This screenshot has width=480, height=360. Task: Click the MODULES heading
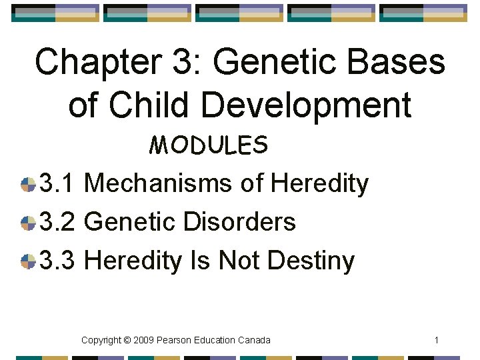[x=209, y=145]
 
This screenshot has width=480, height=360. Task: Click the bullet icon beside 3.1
[x=28, y=185]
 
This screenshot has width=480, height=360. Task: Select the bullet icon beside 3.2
[x=28, y=223]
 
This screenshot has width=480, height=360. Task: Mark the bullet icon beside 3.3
[x=28, y=261]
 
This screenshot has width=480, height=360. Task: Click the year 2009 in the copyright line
[x=144, y=341]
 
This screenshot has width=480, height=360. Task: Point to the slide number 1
[x=436, y=341]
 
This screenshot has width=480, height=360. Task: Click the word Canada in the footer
[x=254, y=341]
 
